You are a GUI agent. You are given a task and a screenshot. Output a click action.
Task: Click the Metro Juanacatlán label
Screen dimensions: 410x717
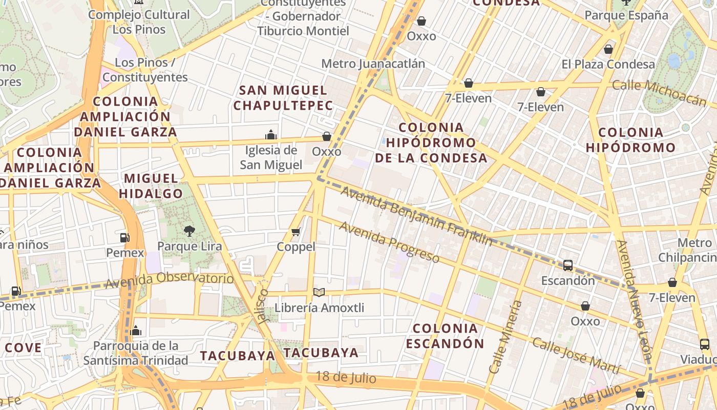click(x=373, y=64)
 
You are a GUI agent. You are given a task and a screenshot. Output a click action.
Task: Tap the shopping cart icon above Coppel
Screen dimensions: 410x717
click(x=296, y=232)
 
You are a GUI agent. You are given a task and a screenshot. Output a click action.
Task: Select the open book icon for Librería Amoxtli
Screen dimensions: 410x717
click(x=319, y=293)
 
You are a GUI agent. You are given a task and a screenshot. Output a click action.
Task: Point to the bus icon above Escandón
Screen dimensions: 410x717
click(x=568, y=265)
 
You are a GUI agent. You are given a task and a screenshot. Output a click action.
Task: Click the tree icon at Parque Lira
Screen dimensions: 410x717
click(x=189, y=231)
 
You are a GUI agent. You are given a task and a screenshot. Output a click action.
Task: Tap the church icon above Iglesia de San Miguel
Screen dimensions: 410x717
click(x=271, y=135)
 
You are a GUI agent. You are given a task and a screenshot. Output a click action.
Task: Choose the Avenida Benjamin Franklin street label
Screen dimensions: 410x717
click(x=416, y=216)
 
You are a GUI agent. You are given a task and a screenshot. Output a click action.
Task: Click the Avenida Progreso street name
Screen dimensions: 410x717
click(x=389, y=242)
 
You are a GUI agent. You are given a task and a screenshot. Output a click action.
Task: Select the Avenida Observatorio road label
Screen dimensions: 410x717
click(x=169, y=280)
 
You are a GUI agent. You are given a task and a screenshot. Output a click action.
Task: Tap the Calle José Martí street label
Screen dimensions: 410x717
click(x=576, y=356)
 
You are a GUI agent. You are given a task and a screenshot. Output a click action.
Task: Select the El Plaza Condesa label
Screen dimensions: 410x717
click(x=608, y=64)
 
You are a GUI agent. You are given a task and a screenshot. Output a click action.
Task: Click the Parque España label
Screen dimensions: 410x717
click(x=626, y=15)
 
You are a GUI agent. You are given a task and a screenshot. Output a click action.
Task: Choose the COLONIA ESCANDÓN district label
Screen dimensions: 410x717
click(x=445, y=336)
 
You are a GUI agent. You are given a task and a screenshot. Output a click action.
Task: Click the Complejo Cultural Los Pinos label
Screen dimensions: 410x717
click(x=139, y=22)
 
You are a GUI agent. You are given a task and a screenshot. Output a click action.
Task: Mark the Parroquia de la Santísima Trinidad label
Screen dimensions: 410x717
click(x=136, y=353)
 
